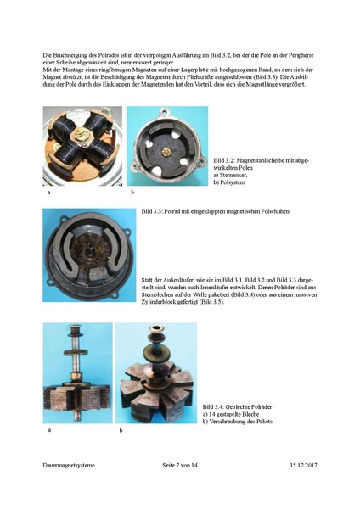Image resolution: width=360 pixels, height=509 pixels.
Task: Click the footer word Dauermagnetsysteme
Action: click(x=70, y=466)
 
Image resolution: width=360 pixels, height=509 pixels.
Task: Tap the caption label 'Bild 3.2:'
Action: click(x=226, y=159)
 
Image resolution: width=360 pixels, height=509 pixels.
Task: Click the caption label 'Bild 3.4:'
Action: click(x=216, y=407)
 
